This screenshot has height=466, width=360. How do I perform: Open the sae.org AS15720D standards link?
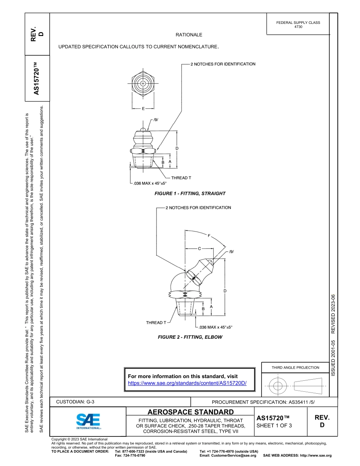pyautogui.click(x=187, y=383)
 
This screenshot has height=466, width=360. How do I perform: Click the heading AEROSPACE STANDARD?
pyautogui.click(x=190, y=412)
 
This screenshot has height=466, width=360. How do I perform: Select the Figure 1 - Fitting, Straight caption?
pyautogui.click(x=190, y=194)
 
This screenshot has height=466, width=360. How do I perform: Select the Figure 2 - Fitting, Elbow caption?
pyautogui.click(x=190, y=337)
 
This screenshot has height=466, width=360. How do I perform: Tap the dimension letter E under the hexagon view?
pyautogui.click(x=143, y=109)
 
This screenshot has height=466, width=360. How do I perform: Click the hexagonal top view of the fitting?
pyautogui.click(x=143, y=83)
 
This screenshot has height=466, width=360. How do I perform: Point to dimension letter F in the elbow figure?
pyautogui.click(x=208, y=236)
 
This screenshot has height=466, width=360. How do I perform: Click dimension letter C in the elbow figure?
pyautogui.click(x=199, y=249)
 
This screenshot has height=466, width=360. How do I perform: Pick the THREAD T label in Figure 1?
pyautogui.click(x=181, y=178)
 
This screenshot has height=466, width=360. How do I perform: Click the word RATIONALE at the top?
pyautogui.click(x=189, y=35)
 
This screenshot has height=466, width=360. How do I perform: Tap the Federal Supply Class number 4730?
pyautogui.click(x=298, y=27)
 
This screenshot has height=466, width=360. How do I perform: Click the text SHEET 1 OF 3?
pyautogui.click(x=274, y=425)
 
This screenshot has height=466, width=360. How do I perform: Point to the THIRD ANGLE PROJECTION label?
pyautogui.click(x=295, y=367)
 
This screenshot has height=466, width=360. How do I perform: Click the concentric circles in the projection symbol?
pyautogui.click(x=278, y=386)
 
